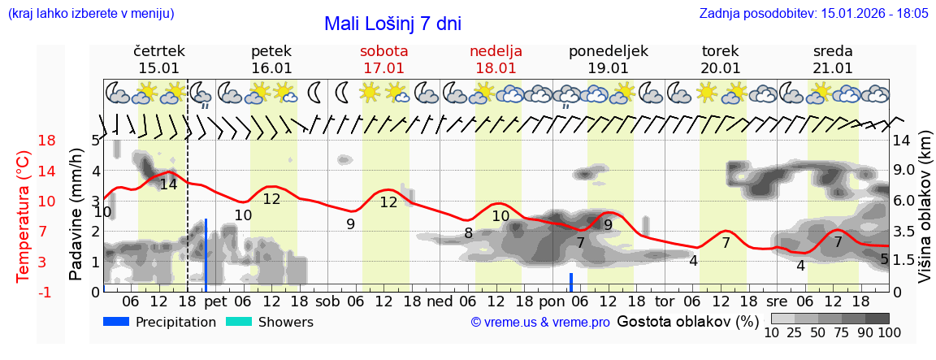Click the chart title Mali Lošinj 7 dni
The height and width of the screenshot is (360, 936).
click(392, 24)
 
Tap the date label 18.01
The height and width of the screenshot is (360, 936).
click(496, 68)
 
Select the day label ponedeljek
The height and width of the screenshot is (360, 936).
click(608, 51)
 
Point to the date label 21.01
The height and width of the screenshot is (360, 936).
click(833, 68)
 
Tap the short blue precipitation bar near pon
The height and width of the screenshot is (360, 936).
click(571, 282)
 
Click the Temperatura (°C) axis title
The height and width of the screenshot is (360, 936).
click(24, 216)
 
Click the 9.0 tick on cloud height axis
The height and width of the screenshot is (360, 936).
click(905, 171)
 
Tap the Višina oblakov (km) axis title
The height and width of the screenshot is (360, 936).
click(925, 216)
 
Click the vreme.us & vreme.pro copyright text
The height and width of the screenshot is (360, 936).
click(539, 323)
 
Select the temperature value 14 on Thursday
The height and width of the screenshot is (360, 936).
click(168, 184)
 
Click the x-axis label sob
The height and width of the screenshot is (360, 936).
click(327, 301)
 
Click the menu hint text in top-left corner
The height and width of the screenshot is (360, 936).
click(90, 14)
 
